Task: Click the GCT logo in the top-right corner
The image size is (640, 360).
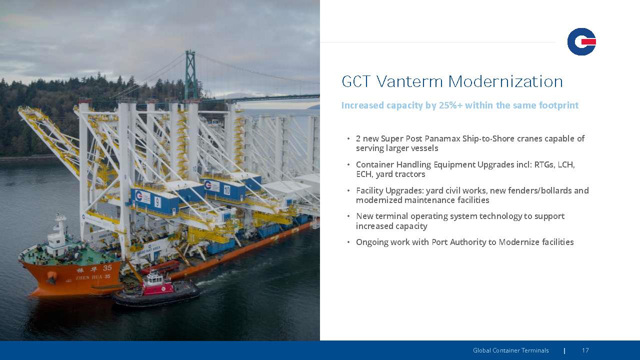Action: click(581, 41)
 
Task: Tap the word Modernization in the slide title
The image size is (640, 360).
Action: click(505, 81)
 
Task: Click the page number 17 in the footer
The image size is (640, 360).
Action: click(585, 350)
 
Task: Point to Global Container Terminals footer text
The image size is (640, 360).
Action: click(511, 350)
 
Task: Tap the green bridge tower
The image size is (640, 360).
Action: click(190, 75)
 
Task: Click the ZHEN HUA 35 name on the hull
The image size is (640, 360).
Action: click(93, 277)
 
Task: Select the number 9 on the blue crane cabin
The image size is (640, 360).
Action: click(157, 202)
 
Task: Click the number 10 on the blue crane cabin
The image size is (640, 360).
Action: click(227, 190)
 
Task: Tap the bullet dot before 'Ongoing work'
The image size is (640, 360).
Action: click(348, 242)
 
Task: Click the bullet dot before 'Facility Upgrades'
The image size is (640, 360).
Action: click(348, 190)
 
